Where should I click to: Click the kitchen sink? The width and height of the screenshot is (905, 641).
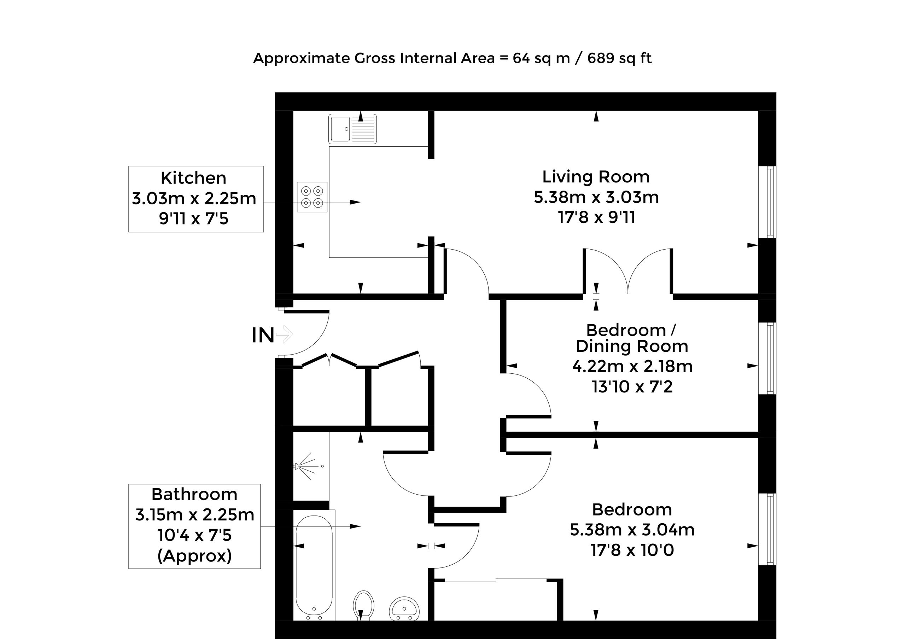coord(352,129)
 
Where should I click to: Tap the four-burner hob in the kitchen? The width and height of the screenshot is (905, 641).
coord(312,197)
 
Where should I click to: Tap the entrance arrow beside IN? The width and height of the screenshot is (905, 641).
coord(285,334)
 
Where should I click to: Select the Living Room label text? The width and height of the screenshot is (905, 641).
coord(596,176)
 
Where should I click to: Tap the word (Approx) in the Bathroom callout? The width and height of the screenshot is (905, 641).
coord(194,556)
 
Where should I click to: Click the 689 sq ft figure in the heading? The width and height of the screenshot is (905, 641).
coord(619,58)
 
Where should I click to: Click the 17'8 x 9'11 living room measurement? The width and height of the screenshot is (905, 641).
coord(597,217)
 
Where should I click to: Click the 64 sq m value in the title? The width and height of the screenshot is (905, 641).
coord(542,58)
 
